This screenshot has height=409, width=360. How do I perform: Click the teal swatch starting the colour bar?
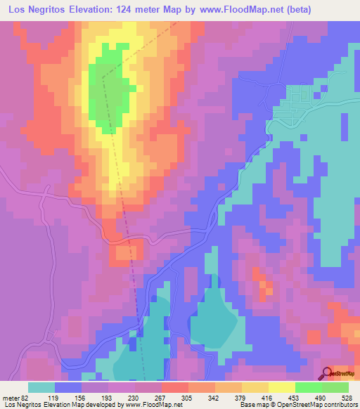41,387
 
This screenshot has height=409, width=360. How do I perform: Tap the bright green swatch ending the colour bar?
335,387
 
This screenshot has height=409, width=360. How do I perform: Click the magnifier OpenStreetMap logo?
328,374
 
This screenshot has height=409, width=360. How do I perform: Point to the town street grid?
295,112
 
